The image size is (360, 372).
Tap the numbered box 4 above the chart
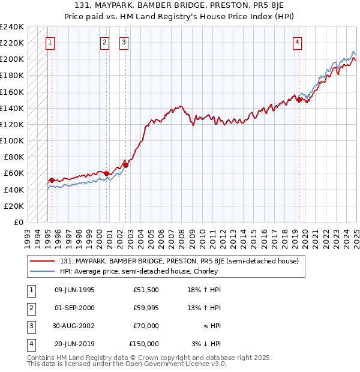(298, 43)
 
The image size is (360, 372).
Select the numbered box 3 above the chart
(123, 43)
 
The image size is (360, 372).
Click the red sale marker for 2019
(299, 100)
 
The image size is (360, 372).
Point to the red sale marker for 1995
(52, 180)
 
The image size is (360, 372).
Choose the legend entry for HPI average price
(138, 271)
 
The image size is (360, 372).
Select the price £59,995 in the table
(146, 308)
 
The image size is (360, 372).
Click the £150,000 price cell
(144, 344)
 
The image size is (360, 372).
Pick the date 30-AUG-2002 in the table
(74, 326)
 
